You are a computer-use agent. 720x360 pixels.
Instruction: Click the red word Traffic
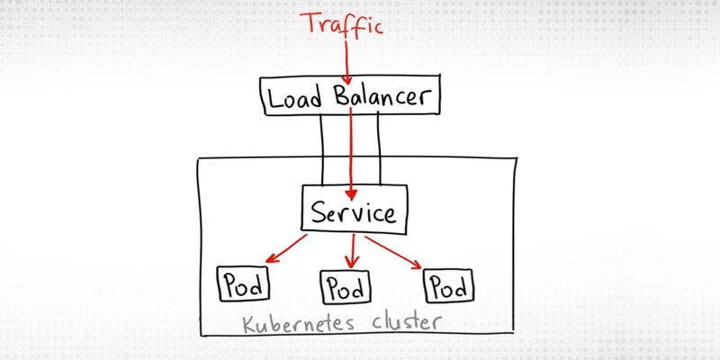(342, 23)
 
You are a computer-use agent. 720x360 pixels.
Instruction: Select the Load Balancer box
(350, 96)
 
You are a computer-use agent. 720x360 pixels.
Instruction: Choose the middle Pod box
(346, 289)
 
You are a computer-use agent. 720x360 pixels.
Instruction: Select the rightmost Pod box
(449, 285)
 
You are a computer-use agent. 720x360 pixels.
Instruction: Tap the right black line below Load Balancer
(380, 148)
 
